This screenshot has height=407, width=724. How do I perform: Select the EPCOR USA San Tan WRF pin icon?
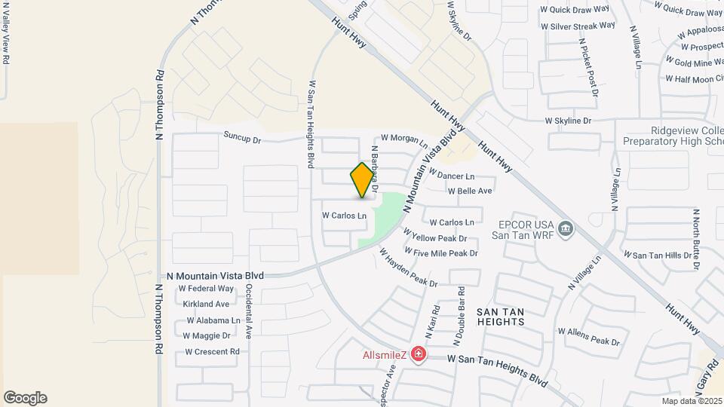(x=567, y=227)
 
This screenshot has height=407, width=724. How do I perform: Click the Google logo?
(x=25, y=398)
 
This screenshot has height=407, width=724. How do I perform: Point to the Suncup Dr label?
(x=241, y=139)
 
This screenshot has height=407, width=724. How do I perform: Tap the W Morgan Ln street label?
(x=404, y=139)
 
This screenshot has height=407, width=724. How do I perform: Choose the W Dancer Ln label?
(x=451, y=175)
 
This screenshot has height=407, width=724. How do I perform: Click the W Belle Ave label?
(x=470, y=191)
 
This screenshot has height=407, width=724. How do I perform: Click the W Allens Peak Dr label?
(x=588, y=337)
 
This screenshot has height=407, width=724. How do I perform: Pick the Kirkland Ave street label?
(x=206, y=304)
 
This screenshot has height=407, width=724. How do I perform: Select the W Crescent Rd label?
(x=212, y=352)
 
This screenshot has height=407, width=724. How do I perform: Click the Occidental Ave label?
(x=248, y=317)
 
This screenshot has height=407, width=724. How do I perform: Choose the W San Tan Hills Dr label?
(x=661, y=256)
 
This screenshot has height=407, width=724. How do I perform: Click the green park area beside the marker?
(x=382, y=216)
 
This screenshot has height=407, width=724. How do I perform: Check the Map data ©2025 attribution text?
(x=692, y=401)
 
